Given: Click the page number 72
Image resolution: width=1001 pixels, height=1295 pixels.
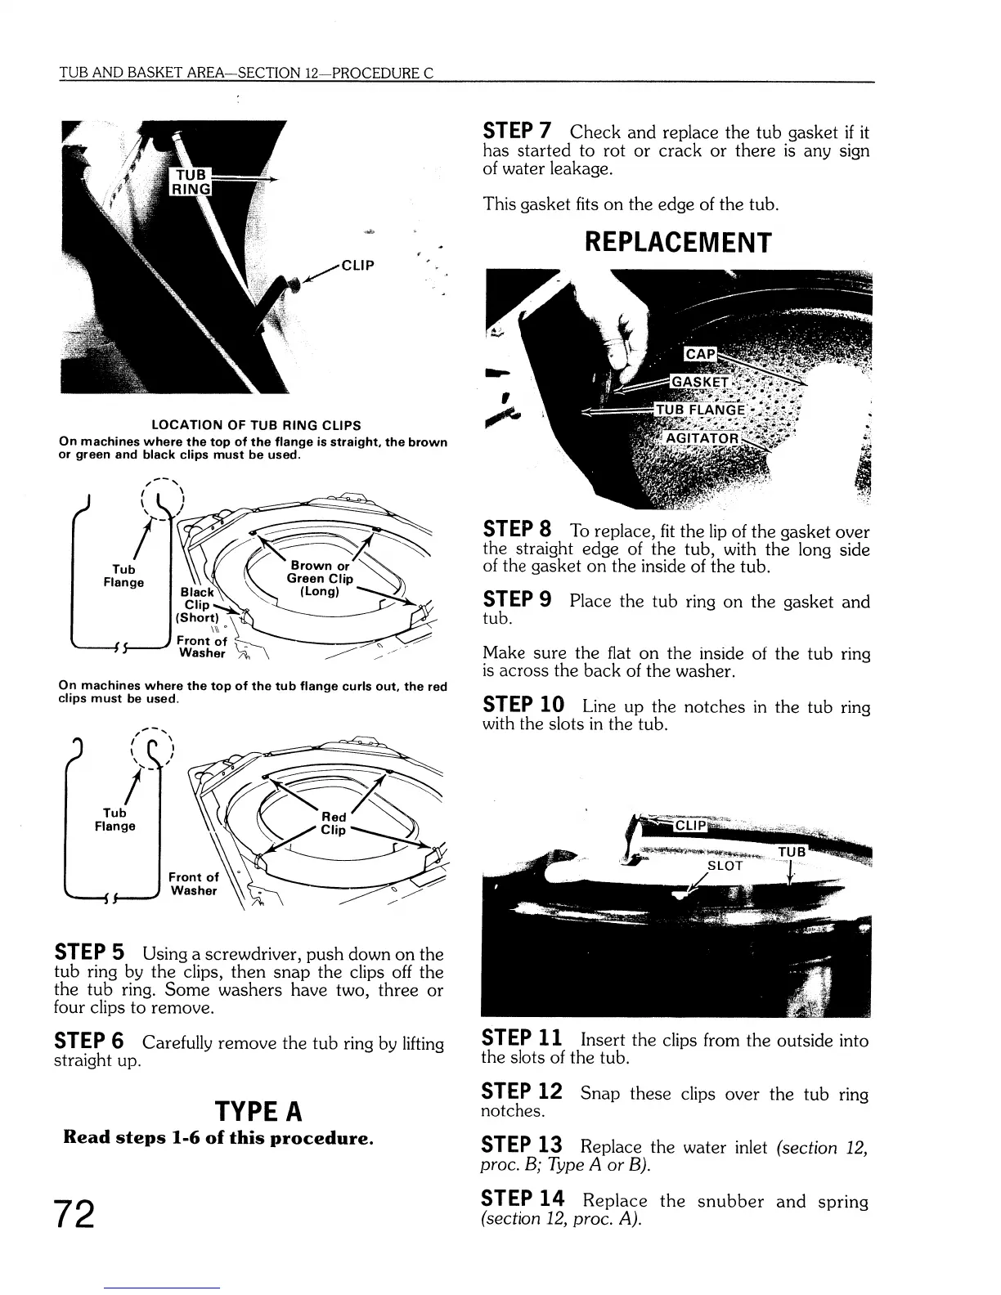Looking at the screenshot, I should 75,1213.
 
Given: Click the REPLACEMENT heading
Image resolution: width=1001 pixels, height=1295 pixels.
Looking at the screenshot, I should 676,243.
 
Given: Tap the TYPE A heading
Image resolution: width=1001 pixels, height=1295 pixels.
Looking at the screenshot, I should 258,1112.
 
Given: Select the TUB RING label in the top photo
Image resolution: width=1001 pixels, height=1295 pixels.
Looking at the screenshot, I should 190,182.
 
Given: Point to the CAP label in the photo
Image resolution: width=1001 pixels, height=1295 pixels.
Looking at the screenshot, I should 700,354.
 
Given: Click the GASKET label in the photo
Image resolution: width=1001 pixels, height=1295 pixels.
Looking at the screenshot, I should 699,382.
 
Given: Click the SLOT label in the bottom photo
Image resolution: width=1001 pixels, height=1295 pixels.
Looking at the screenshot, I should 724,865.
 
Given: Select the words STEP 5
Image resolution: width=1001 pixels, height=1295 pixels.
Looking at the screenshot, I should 89,953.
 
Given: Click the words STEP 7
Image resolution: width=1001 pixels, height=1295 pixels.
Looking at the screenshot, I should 517,131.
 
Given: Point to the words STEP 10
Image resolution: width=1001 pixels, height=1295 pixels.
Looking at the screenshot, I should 523,706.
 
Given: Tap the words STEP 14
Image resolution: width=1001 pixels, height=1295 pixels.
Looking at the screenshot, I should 523,1199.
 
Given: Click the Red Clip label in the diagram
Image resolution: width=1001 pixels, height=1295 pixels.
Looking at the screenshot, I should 334,823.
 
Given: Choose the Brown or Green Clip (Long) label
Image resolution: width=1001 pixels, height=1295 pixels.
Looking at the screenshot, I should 320,578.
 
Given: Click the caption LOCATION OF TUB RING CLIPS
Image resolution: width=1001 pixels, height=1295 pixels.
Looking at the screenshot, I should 257,425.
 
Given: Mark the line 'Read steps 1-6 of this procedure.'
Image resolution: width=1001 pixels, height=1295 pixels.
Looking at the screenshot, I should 218,1137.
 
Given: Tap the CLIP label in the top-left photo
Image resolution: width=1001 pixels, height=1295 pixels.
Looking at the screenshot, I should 357,265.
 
